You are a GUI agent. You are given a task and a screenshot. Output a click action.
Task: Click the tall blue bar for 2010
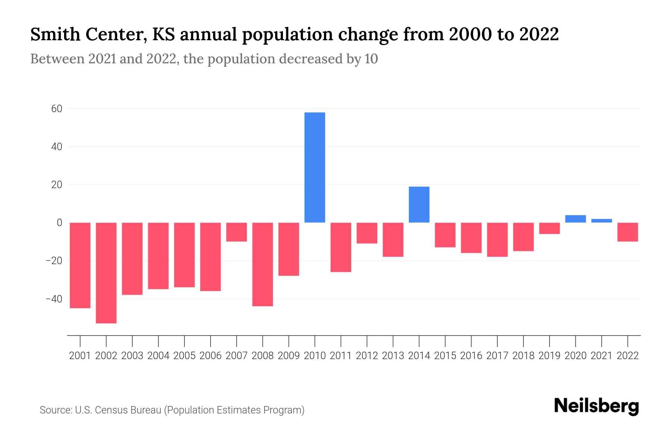315,167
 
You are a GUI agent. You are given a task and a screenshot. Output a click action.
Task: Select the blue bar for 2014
419,205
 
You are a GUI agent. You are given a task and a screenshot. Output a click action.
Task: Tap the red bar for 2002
106,273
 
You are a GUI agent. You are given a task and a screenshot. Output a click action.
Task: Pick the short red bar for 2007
236,232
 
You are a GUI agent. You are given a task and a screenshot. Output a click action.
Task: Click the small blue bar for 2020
575,219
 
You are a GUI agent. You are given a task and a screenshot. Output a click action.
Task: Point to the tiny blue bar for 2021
601,221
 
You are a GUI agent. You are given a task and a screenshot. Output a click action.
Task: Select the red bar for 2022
627,232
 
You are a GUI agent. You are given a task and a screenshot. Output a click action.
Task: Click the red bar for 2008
262,264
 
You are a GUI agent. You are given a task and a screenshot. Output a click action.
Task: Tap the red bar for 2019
549,228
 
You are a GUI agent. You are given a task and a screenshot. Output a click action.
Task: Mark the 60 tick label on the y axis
57,109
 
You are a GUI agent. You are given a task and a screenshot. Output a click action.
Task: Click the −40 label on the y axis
54,299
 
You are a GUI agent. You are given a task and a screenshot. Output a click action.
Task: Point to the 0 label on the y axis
59,223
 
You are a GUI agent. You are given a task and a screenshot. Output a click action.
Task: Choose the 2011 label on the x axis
341,356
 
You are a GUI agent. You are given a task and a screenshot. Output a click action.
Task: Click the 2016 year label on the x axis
471,356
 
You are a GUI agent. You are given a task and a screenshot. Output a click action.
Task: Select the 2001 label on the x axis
80,356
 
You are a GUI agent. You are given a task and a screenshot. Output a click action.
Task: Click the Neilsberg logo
596,406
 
